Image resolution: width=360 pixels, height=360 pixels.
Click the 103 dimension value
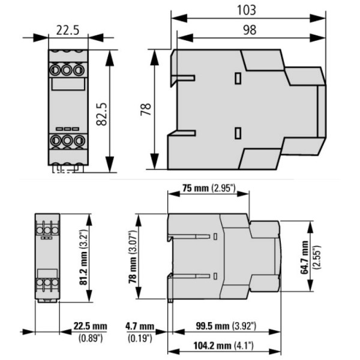click(247, 10)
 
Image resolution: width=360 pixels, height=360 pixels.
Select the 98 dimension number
click(250, 30)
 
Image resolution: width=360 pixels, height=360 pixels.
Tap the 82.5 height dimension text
click(102, 114)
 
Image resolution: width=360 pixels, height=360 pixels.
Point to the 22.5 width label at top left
click(68, 31)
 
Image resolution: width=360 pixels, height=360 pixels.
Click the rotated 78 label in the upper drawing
click(146, 109)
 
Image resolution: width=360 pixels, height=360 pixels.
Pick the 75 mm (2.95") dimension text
click(209, 188)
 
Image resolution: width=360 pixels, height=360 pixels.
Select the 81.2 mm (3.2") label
click(84, 257)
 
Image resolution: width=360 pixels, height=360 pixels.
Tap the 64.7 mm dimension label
click(304, 257)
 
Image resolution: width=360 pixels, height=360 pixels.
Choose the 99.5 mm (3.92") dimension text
click(226, 326)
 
